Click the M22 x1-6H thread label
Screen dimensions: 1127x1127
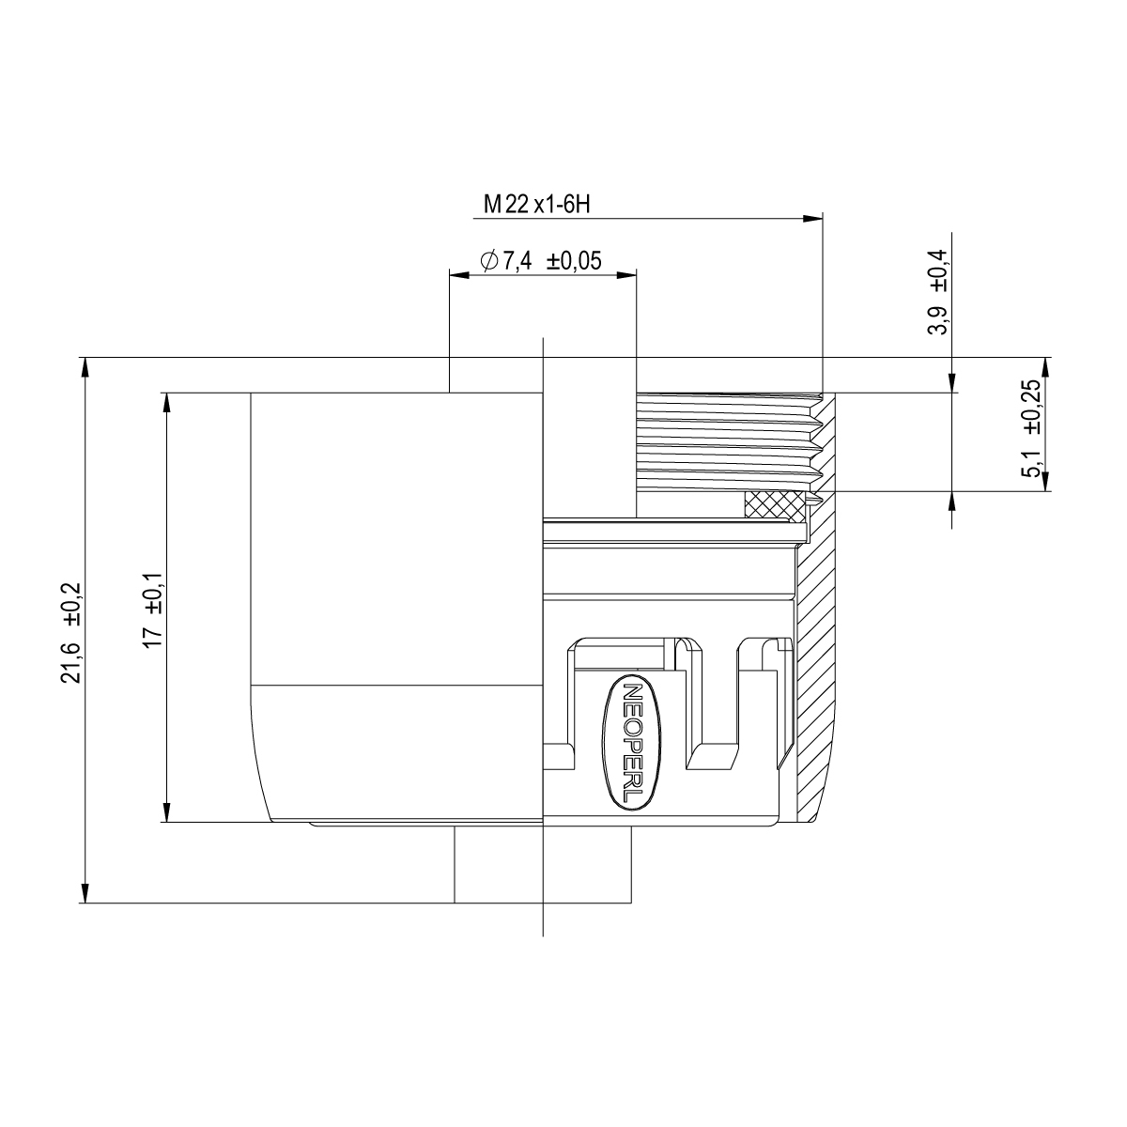(536, 205)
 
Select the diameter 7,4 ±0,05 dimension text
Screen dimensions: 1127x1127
(540, 260)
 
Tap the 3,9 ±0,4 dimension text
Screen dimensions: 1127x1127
(937, 291)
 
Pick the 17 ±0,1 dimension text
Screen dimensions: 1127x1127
(154, 610)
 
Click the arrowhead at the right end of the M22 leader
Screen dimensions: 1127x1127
(812, 219)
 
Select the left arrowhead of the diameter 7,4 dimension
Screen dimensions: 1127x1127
(459, 275)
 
